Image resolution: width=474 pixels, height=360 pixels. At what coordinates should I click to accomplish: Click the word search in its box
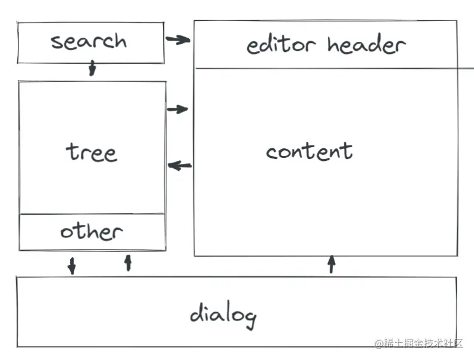tap(89, 42)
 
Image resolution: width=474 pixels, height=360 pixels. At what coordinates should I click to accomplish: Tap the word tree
tap(91, 152)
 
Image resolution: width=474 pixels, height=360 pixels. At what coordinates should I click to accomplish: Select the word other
tap(91, 231)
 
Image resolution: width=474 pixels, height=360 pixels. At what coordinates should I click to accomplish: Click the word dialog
tap(223, 314)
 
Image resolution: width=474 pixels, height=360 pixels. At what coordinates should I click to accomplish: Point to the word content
tap(309, 151)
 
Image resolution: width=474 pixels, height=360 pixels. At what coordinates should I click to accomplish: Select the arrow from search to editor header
tap(178, 40)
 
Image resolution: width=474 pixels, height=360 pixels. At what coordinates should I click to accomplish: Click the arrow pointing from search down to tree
tap(92, 68)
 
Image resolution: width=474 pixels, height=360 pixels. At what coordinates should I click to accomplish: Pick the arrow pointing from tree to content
tap(178, 109)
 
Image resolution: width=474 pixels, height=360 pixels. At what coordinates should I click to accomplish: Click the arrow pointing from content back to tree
tap(180, 166)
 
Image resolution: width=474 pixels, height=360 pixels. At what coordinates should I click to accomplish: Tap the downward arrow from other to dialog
tap(72, 266)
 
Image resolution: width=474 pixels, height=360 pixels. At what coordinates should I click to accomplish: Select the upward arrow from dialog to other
tap(127, 263)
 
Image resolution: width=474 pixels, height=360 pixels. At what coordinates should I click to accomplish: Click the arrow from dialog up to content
tap(332, 264)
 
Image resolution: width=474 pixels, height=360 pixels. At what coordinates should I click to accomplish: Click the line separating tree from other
tap(92, 213)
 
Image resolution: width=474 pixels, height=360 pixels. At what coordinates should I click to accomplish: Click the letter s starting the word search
tap(56, 42)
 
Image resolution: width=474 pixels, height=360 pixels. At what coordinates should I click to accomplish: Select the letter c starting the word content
tap(271, 152)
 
